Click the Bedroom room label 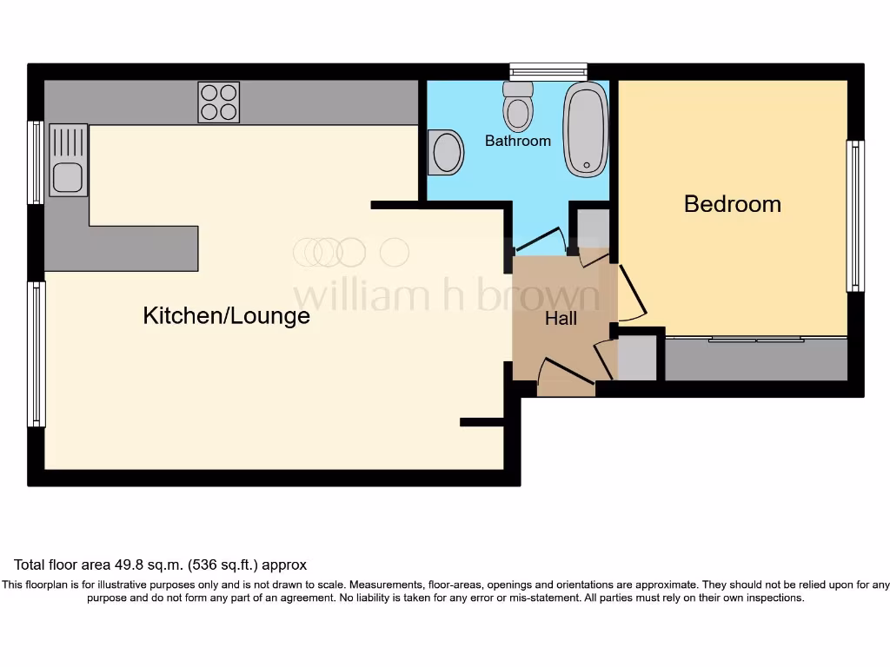[x=732, y=204]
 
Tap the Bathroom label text [x=517, y=141]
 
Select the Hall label [x=561, y=319]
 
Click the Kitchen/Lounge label [x=226, y=315]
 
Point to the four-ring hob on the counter [x=218, y=102]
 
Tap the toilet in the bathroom [x=518, y=107]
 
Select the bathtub [x=586, y=129]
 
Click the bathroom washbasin [x=446, y=153]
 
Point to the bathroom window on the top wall [x=548, y=71]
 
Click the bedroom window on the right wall [x=855, y=215]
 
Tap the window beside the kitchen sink [x=36, y=162]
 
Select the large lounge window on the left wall [x=36, y=354]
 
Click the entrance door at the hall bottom [x=565, y=373]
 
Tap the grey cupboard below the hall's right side [x=636, y=359]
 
